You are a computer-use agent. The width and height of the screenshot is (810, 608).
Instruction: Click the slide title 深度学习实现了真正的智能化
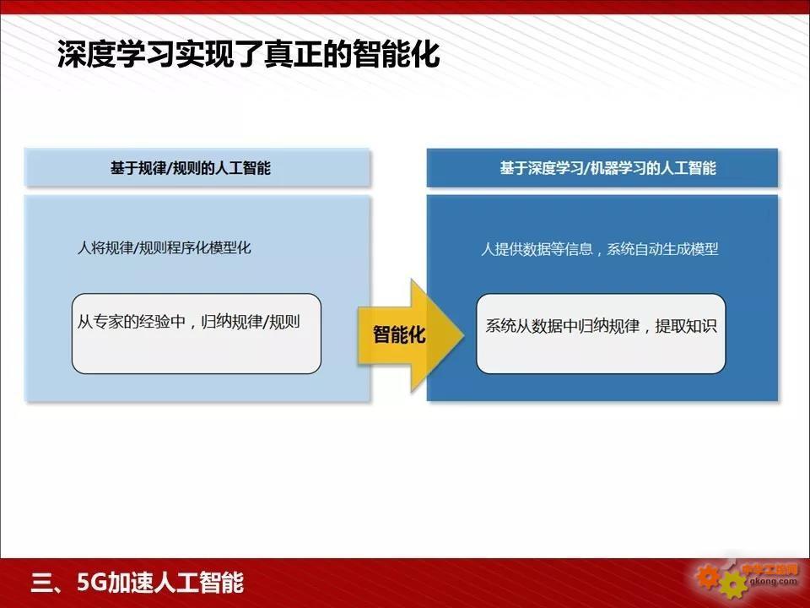coord(248,54)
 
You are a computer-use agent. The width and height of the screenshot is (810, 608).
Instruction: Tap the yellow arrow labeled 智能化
coord(411,335)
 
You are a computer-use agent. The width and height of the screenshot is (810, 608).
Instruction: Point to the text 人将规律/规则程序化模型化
coord(165,247)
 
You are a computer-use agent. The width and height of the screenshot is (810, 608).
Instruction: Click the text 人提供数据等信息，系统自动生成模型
coord(600,249)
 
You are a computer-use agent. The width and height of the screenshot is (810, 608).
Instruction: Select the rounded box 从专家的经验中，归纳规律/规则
coord(197,334)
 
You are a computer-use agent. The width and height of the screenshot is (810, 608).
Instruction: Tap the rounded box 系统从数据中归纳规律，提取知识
coord(601,334)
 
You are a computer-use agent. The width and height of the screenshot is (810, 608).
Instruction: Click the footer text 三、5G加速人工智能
coord(137,582)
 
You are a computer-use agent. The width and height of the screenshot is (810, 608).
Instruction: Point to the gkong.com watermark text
coord(774,581)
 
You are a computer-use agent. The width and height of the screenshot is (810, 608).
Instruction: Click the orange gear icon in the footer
coord(707,577)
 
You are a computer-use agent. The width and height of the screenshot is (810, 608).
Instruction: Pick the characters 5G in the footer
coord(91,582)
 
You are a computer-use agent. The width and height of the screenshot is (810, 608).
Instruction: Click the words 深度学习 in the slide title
coord(116,54)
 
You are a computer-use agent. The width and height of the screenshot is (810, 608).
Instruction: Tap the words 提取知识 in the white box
coord(686,326)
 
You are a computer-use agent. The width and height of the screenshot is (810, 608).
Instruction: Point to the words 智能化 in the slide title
coord(397,54)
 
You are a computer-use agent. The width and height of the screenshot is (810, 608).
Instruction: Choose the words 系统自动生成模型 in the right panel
coord(662,249)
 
